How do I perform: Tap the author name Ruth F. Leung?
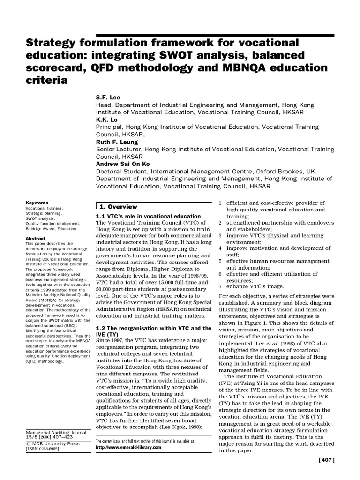pos(117,142)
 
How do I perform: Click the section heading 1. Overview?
pos(118,207)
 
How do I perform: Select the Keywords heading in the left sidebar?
pos(37,202)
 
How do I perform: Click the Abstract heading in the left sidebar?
pos(36,238)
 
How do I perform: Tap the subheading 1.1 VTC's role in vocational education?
pos(148,216)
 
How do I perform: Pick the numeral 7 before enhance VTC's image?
pos(220,286)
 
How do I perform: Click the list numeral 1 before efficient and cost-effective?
pos(220,202)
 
